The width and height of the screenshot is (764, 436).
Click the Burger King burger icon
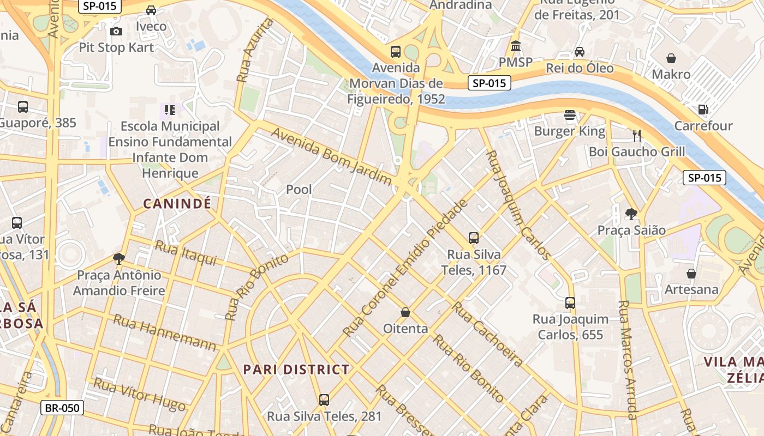[570, 115]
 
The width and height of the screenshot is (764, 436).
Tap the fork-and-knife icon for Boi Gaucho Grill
[636, 135]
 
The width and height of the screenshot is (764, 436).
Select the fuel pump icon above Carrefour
[703, 110]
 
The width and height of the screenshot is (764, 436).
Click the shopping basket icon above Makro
[671, 58]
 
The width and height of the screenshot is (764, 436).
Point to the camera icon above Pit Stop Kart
[116, 32]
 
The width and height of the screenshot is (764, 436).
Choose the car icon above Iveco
[151, 10]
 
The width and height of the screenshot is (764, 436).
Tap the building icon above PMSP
[515, 46]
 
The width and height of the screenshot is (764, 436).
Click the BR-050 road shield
[62, 408]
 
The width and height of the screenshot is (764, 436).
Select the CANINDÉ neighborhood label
[177, 204]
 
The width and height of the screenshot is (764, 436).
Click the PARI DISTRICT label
[296, 370]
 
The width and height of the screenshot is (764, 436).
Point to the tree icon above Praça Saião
[631, 214]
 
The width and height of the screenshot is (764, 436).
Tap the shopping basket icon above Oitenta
[405, 312]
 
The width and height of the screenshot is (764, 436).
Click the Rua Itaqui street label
[186, 253]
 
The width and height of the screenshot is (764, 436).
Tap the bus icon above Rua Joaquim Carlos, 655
[570, 302]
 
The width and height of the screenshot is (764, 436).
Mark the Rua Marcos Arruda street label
[628, 360]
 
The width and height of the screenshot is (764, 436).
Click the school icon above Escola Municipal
[170, 110]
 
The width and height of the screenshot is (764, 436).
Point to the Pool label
[299, 190]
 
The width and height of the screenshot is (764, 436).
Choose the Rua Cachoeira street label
[487, 334]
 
